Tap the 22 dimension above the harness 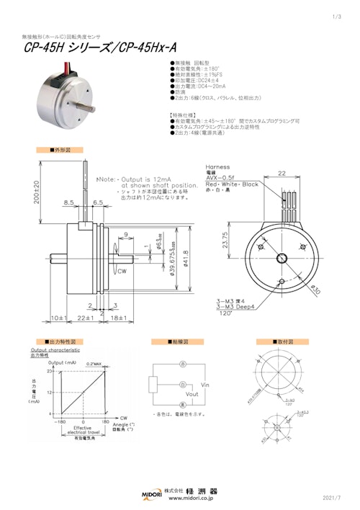[282, 174]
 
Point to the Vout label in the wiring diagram [192, 395]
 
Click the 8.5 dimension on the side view [69, 204]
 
